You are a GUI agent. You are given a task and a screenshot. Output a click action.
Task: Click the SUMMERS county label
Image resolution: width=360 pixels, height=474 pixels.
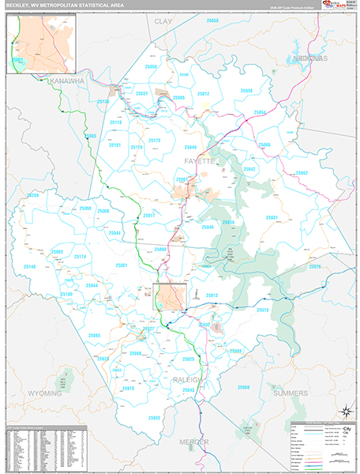point(291,393)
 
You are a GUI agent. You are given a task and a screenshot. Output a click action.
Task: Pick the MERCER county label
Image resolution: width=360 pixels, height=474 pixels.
point(193,442)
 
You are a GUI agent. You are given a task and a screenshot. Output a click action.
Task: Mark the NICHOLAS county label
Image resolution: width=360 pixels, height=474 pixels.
point(308,58)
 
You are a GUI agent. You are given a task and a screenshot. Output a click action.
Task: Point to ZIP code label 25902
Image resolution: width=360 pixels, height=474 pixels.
point(154,417)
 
